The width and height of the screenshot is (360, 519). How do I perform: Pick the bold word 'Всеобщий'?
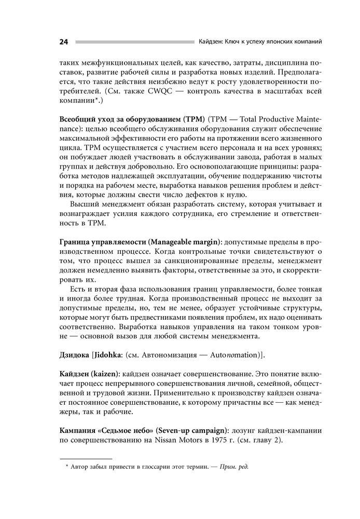[x=78, y=118]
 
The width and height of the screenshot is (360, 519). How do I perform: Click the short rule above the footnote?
[x=86, y=459]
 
